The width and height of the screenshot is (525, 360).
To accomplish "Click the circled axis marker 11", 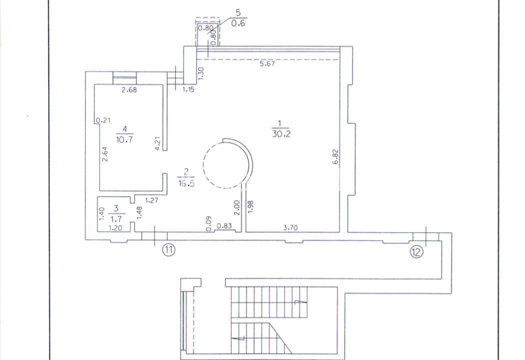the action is click(169, 250).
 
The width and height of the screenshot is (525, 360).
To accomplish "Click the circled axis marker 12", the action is click(416, 251).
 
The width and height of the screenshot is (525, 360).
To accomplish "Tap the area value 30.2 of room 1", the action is click(281, 134).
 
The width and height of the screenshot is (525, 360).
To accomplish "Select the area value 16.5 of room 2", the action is click(186, 183).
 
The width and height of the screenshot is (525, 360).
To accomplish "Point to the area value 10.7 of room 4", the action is click(124, 139).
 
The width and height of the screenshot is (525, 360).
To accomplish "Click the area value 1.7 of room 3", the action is click(116, 219).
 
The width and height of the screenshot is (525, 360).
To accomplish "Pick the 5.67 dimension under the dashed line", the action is click(267, 63).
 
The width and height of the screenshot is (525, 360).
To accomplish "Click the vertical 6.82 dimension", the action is click(335, 156).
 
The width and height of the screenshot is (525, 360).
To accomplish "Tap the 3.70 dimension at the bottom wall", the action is click(290, 227).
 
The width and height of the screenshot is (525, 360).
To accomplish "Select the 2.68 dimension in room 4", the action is click(129, 89).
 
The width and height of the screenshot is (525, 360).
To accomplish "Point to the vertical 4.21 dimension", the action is click(157, 143).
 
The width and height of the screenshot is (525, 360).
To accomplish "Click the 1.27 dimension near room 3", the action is click(151, 200).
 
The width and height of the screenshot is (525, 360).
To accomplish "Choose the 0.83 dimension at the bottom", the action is click(224, 225).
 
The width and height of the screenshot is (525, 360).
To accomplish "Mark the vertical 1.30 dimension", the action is click(200, 73).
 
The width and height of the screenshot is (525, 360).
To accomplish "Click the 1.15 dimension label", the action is click(188, 89).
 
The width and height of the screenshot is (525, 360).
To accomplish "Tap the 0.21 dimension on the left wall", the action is click(103, 120).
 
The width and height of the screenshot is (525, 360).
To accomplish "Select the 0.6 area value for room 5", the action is click(238, 23).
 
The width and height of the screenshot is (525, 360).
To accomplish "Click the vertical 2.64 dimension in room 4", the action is click(105, 154).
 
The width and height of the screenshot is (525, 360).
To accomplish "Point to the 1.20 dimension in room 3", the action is click(115, 228).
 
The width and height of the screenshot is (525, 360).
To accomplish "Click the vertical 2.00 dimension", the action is click(236, 207).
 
